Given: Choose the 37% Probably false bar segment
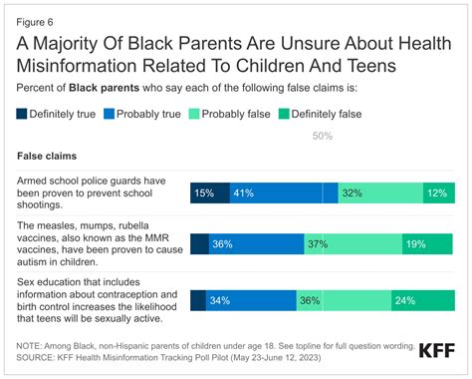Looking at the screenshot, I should point(354,243).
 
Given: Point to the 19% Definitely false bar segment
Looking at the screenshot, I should point(429,243).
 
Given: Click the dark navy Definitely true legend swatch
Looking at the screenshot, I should point(23,113).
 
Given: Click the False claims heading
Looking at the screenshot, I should point(49,157).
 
